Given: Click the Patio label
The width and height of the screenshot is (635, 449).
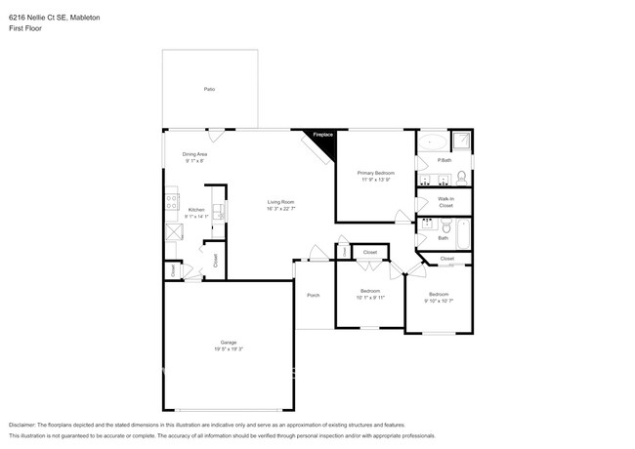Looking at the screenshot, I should point(209,89).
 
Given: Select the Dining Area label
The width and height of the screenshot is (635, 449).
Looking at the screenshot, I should point(194,154).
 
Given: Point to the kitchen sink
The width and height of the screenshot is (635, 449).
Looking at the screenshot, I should point(222,209).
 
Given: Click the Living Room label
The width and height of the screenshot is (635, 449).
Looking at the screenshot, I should point(281,202).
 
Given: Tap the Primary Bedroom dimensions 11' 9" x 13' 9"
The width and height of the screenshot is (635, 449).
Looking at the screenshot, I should point(375,180).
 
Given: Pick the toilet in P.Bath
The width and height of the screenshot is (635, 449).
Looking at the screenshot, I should point(460,178).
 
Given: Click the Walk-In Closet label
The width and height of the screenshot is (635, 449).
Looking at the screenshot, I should point(445,202).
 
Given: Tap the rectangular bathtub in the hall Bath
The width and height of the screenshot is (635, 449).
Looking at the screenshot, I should point(462,234).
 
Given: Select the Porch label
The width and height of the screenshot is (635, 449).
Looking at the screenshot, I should point(313,295).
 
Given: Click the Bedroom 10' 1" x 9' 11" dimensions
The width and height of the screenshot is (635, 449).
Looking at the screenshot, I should point(370,297).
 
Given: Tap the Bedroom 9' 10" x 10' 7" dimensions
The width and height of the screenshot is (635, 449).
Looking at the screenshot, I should point(439,300).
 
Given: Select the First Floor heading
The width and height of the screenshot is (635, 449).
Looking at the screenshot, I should point(25,28).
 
